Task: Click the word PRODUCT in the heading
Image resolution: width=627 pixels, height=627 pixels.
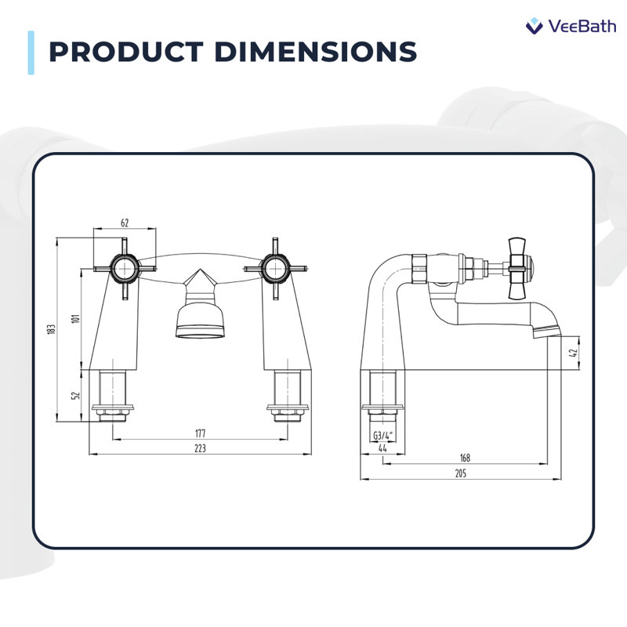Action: [x=126, y=52]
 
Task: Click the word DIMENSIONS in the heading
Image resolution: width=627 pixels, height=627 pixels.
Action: [x=316, y=52]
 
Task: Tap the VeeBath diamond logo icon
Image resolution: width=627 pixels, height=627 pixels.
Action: [x=534, y=26]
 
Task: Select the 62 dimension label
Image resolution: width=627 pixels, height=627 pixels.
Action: [x=125, y=223]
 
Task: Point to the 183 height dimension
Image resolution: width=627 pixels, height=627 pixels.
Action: [x=51, y=329]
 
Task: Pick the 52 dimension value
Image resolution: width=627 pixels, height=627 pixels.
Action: [x=75, y=395]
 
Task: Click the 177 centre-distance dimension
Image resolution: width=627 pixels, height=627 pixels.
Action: [x=200, y=433]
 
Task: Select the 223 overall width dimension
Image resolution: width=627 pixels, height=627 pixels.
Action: [x=200, y=448]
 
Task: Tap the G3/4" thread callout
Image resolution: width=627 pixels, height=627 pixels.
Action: [x=383, y=436]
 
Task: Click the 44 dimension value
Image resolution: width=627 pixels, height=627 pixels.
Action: [x=382, y=448]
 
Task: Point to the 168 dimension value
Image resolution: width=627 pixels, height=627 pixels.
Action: [x=465, y=458]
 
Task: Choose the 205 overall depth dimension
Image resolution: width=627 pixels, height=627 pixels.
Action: [x=461, y=473]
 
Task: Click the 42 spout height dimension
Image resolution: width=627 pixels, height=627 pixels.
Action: [x=574, y=353]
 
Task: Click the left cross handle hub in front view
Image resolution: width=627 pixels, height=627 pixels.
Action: [x=125, y=269]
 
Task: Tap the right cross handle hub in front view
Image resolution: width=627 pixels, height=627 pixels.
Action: [x=276, y=269]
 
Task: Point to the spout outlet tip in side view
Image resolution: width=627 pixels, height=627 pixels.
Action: [x=548, y=332]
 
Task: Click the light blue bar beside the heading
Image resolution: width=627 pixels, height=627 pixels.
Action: [x=31, y=53]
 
